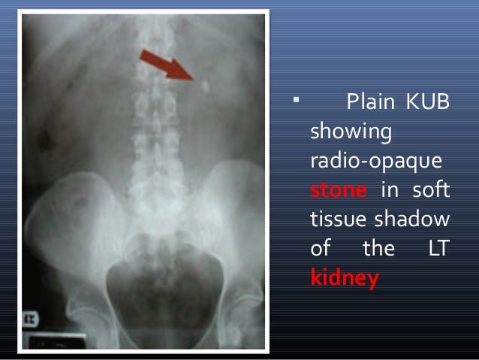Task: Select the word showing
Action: click(351, 131)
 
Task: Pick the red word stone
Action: click(338, 190)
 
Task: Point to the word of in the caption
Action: click(321, 249)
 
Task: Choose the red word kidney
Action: click(345, 279)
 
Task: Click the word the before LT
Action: click(379, 249)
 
